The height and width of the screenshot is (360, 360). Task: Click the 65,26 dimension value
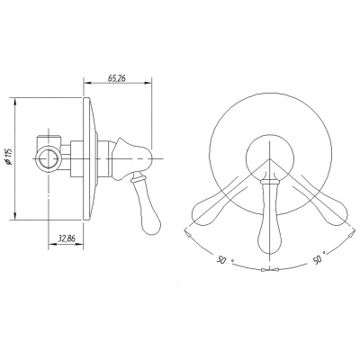117,78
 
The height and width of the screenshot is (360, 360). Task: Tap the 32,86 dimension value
67,238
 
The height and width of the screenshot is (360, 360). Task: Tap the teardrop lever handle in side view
146,203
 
